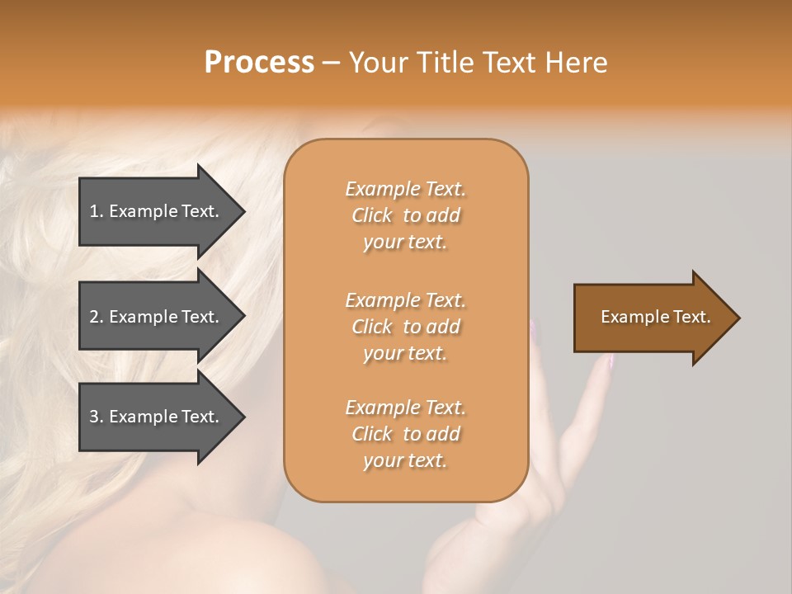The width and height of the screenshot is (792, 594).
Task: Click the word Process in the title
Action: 259,63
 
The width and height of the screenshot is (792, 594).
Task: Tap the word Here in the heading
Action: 575,63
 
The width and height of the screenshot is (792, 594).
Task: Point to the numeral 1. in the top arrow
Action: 97,211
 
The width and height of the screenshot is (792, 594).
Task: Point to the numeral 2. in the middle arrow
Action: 97,317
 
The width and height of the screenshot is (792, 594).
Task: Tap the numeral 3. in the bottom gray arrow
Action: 97,417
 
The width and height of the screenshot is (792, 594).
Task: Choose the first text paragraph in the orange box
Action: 405,215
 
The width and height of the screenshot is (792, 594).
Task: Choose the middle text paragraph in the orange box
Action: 405,327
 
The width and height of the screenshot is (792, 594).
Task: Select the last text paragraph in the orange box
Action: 405,434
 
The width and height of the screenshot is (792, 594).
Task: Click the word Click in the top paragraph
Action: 371,215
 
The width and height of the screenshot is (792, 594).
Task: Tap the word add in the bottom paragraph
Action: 443,434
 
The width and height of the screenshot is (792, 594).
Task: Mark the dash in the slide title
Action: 331,63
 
